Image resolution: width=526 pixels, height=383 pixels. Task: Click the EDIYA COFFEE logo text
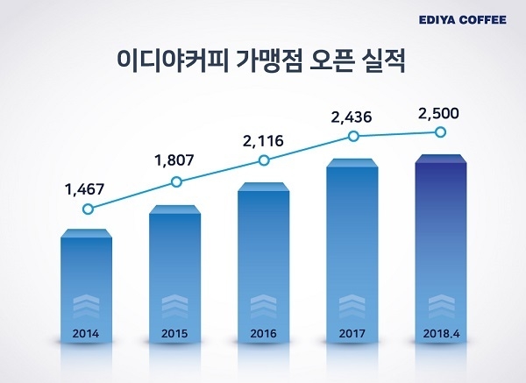464,19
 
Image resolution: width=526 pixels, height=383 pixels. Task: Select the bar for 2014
86,280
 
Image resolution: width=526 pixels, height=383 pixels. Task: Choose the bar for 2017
352,245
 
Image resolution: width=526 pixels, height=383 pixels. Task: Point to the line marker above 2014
87,209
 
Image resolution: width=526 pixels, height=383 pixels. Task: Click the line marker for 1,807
176,182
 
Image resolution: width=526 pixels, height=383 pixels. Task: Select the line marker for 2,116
265,160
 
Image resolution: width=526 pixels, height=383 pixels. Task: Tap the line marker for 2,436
353,136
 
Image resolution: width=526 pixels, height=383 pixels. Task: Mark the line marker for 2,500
441,132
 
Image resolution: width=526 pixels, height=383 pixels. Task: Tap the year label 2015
175,334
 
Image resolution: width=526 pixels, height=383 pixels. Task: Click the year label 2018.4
441,334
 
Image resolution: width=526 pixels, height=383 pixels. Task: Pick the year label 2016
263,334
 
